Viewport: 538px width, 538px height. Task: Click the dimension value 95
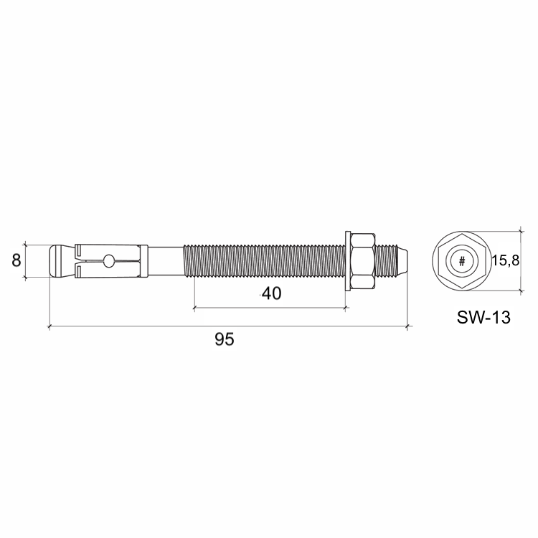pos(225,339)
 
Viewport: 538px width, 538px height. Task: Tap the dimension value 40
pos(271,293)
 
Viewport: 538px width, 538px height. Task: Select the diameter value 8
pos(16,260)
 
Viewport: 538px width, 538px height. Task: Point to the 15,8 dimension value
pos(506,261)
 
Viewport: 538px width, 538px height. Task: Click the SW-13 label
pos(483,318)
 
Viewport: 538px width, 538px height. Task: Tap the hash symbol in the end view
pos(462,261)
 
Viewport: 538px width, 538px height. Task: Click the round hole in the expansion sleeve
pos(109,261)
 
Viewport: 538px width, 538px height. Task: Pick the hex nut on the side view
pos(363,261)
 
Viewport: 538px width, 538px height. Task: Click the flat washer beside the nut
pos(348,261)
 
